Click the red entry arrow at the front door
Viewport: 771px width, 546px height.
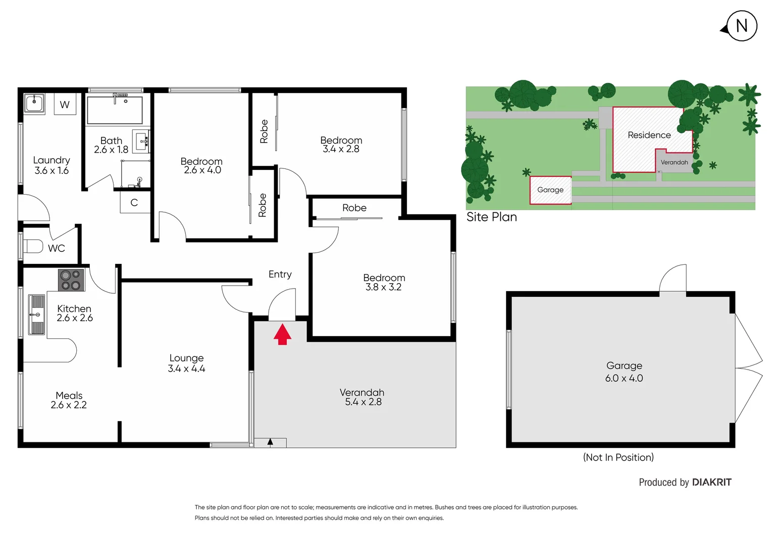pyautogui.click(x=282, y=335)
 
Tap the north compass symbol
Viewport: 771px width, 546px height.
pyautogui.click(x=741, y=26)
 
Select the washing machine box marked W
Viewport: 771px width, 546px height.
pyautogui.click(x=65, y=105)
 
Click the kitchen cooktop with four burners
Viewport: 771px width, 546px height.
pyautogui.click(x=71, y=280)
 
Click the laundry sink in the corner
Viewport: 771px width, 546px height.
pyautogui.click(x=34, y=103)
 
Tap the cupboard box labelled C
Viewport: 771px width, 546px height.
pyautogui.click(x=134, y=203)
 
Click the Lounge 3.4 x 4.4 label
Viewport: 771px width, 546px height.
pyautogui.click(x=186, y=363)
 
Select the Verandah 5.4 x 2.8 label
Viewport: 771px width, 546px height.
pyautogui.click(x=363, y=397)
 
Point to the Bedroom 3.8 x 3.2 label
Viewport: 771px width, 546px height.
pyautogui.click(x=384, y=282)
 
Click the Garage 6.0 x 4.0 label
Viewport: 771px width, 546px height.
pyautogui.click(x=624, y=372)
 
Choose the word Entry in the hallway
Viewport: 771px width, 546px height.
pyautogui.click(x=280, y=274)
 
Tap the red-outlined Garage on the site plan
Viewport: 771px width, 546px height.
pyautogui.click(x=550, y=190)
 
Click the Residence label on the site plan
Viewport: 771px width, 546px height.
pyautogui.click(x=649, y=135)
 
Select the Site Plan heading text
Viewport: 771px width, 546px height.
pyautogui.click(x=492, y=217)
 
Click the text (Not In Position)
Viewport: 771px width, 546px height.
pyautogui.click(x=618, y=457)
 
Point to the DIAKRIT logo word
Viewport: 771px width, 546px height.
pyautogui.click(x=711, y=482)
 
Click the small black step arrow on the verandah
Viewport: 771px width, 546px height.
pyautogui.click(x=270, y=442)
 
